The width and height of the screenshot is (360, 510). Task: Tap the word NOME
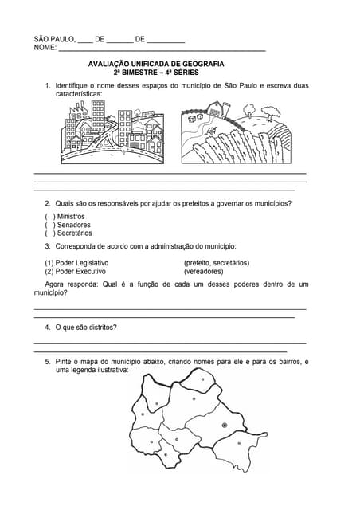tap(45, 48)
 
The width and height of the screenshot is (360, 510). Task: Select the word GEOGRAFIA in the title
tap(202, 63)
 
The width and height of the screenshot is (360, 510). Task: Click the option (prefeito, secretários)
tap(216, 263)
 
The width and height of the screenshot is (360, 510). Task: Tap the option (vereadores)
tap(203, 271)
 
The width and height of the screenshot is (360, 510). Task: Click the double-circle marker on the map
tap(225, 426)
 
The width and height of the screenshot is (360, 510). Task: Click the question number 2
tap(47, 203)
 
